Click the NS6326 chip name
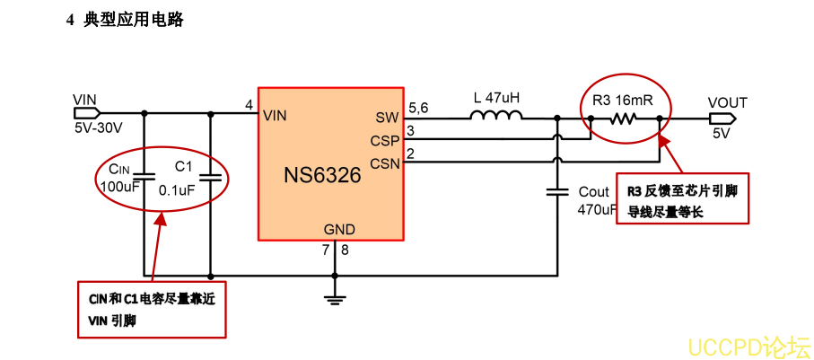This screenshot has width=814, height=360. coord(322,174)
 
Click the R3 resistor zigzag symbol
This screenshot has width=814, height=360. coord(623,117)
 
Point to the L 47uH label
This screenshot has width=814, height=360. coord(496,97)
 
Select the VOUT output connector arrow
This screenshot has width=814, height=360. coord(722,118)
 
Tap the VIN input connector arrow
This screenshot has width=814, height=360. coord(87,113)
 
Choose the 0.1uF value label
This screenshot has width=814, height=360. coord(177,189)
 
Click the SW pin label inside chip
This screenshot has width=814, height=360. coord(388,118)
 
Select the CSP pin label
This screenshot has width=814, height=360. coord(385,140)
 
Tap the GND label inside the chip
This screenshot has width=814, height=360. coord(339,229)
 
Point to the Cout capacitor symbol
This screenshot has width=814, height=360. coord(558,191)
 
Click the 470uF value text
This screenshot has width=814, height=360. coord(597,209)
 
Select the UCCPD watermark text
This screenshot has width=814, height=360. coord(748,345)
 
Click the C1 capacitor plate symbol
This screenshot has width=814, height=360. coord(210,178)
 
